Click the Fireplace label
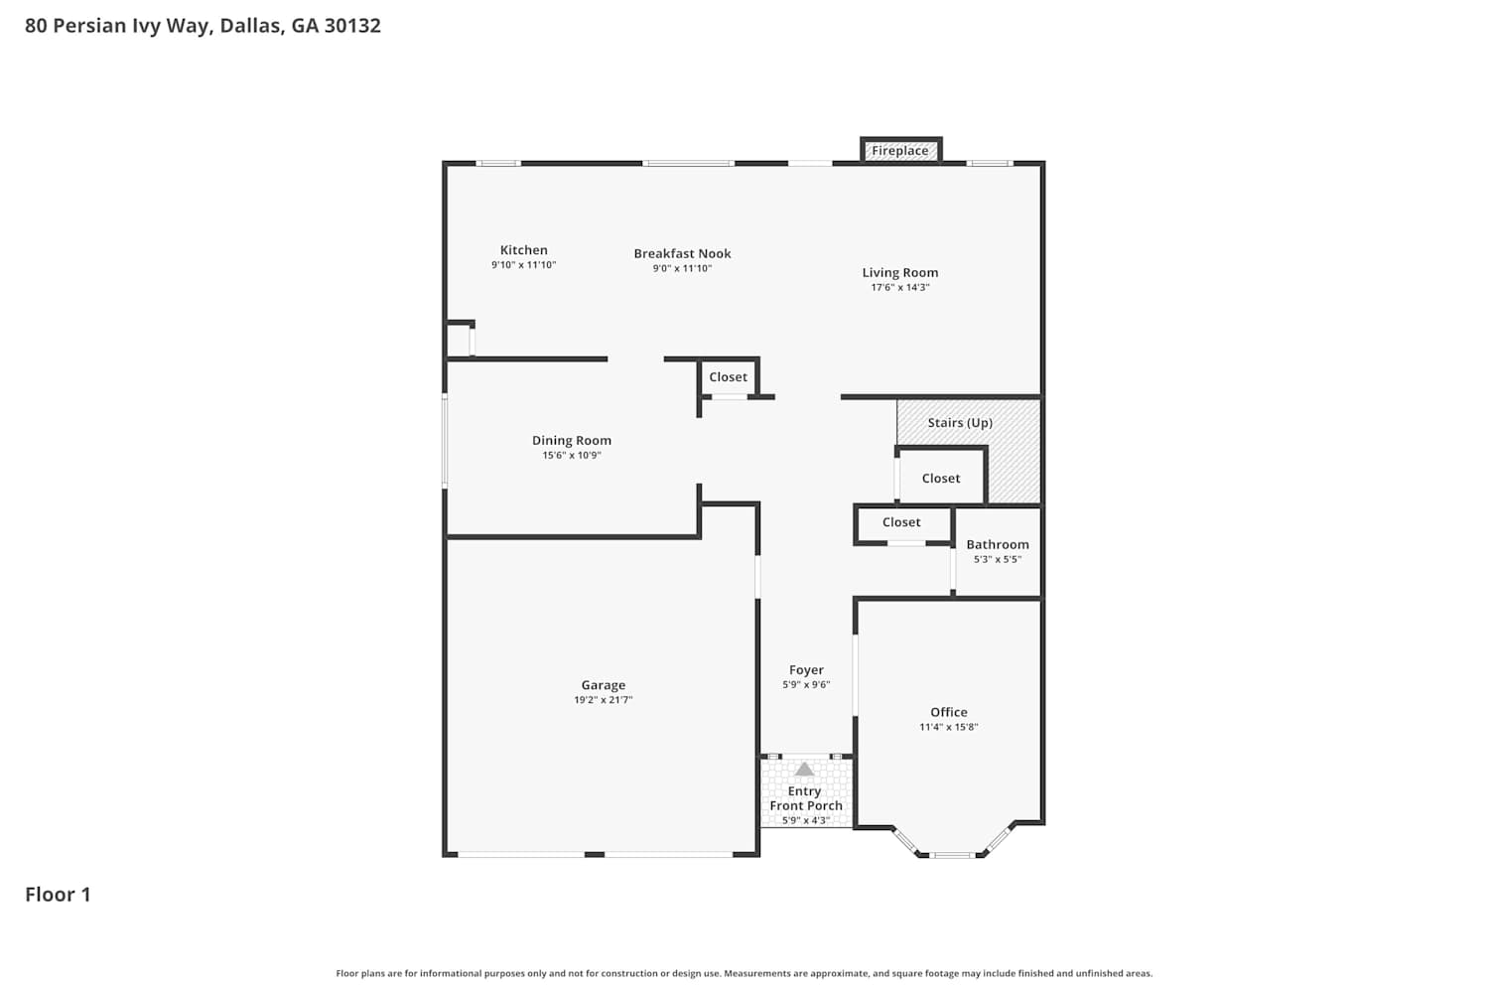[x=900, y=151]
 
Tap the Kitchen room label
[x=524, y=250]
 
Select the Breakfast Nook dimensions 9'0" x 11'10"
[x=682, y=269]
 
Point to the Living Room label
[x=900, y=273]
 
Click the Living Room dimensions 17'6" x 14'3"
[x=900, y=287]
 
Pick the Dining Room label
[x=572, y=440]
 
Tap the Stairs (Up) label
[x=960, y=423]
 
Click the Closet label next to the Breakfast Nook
[x=728, y=377]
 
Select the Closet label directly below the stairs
[x=941, y=479]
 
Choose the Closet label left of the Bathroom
[x=901, y=522]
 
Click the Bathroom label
[x=997, y=544]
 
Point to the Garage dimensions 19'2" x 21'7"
[x=603, y=700]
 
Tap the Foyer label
[x=806, y=669]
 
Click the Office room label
[x=949, y=712]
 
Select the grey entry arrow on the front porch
[x=804, y=770]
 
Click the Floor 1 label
[x=58, y=895]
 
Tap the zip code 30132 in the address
[x=352, y=25]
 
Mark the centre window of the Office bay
[x=952, y=855]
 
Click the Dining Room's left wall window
[x=445, y=441]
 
